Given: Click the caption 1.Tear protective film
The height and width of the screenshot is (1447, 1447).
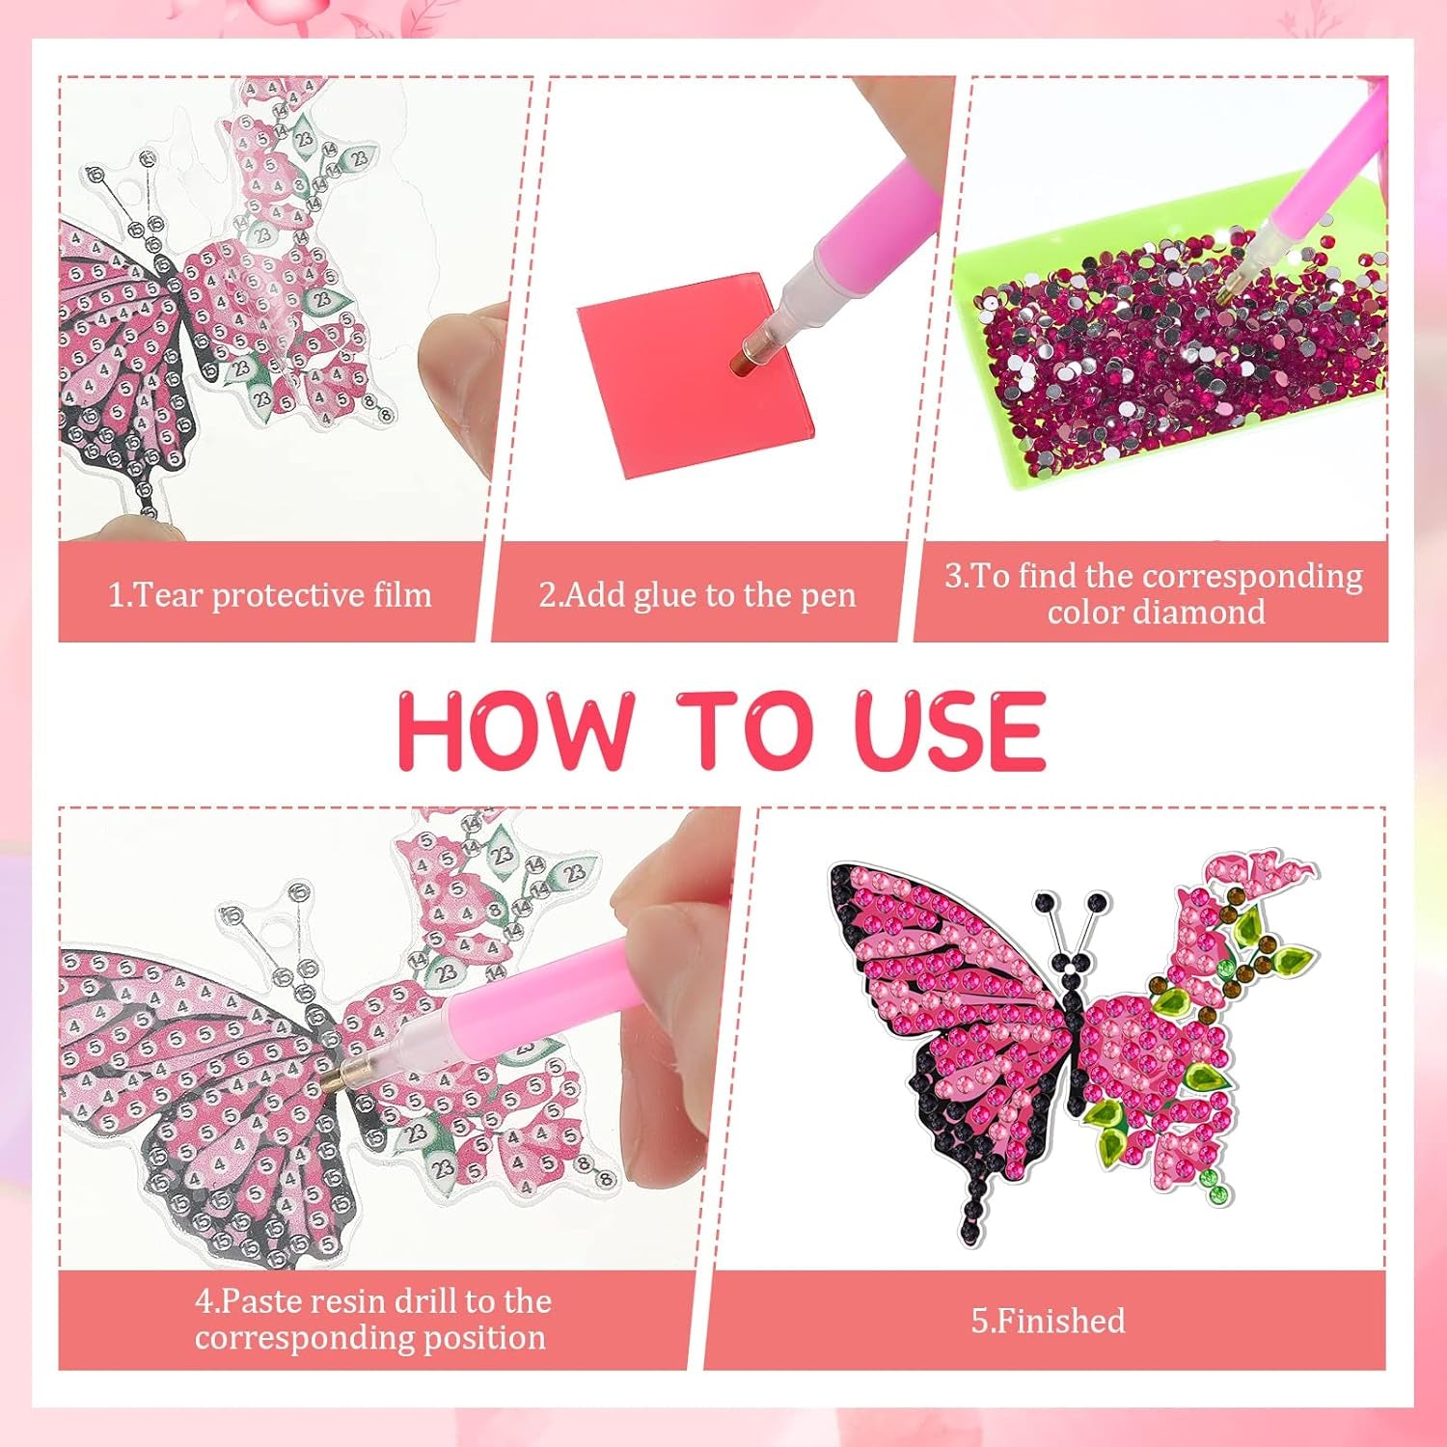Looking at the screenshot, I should coord(269,594).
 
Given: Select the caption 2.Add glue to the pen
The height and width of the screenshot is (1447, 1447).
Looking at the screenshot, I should coord(697,594).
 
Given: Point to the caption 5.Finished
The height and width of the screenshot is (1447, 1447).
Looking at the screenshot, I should coord(1048,1320).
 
